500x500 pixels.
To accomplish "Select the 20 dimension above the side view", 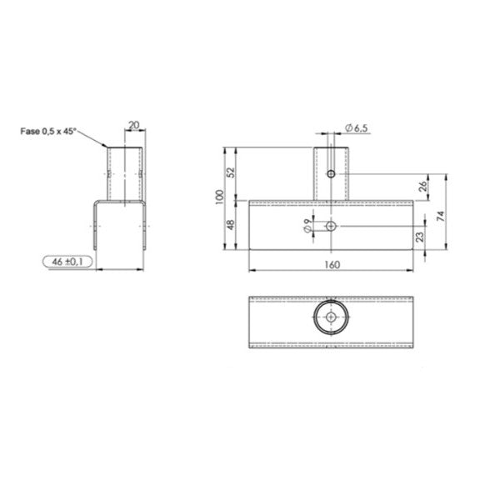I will pos(133,126).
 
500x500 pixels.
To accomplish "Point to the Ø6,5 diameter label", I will pos(356,127).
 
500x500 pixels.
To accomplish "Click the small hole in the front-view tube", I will pos(331,174).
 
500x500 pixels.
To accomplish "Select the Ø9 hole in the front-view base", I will pos(331,226).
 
